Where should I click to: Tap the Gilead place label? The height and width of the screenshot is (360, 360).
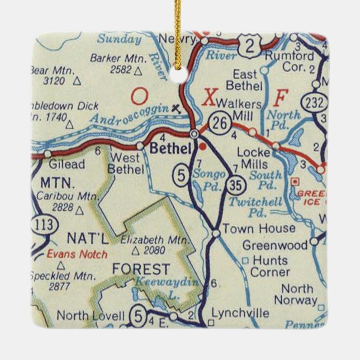[67, 165]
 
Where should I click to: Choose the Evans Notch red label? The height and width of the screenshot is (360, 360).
[77, 254]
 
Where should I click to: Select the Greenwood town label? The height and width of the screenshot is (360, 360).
[276, 245]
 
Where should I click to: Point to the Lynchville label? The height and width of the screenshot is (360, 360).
[240, 313]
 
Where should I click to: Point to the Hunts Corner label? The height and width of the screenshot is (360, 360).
[271, 266]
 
